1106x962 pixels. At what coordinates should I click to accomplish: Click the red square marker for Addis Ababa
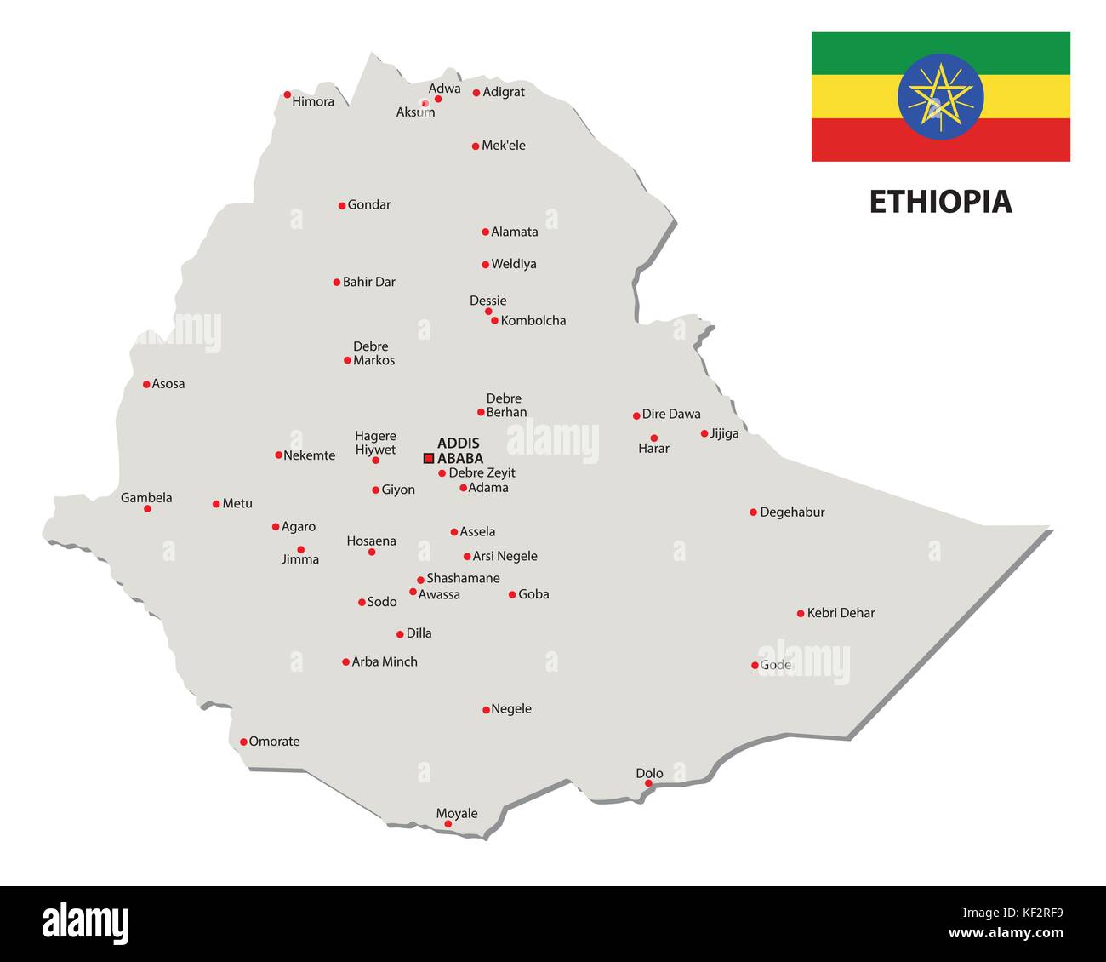(x=429, y=458)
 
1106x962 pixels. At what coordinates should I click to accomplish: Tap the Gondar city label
(x=369, y=204)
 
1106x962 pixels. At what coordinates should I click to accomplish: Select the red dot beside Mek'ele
(x=476, y=146)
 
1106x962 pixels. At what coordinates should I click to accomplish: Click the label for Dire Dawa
(x=671, y=414)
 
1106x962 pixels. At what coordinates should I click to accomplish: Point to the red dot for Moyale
(x=448, y=824)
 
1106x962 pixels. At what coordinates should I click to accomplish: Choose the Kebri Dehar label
(x=841, y=612)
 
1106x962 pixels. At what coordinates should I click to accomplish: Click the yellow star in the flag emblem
(x=940, y=96)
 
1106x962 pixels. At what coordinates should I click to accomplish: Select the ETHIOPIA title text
(x=940, y=202)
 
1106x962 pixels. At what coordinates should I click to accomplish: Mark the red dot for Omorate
(x=243, y=742)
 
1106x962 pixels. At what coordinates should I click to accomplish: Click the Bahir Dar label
(x=368, y=282)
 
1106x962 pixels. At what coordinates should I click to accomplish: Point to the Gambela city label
(x=146, y=497)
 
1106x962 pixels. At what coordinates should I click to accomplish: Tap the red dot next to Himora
(x=288, y=94)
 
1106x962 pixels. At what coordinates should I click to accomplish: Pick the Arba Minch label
(x=385, y=661)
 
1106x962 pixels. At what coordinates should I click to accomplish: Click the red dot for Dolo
(x=648, y=783)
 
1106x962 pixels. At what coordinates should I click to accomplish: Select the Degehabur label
(x=792, y=512)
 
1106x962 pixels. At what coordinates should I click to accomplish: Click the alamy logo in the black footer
(x=86, y=924)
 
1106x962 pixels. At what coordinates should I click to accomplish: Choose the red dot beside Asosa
(x=146, y=384)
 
